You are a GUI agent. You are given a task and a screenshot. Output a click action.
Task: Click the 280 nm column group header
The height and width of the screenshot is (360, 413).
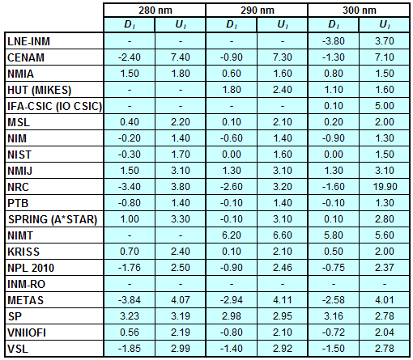click(155, 11)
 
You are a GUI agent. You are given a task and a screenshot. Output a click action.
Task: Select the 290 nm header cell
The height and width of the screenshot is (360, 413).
click(258, 11)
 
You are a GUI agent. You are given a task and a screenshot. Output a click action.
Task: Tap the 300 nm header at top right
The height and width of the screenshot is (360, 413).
click(360, 11)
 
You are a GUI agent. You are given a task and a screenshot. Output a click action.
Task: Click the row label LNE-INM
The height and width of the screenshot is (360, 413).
click(28, 41)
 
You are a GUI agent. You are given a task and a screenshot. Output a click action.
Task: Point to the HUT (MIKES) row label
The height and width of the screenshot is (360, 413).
click(39, 90)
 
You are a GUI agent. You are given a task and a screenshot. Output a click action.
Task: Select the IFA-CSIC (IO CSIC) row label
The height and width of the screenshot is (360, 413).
click(54, 106)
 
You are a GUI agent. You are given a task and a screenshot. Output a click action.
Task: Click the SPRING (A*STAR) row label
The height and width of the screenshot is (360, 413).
click(53, 219)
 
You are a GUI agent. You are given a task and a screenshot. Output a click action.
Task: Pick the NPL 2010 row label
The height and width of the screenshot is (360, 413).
click(31, 268)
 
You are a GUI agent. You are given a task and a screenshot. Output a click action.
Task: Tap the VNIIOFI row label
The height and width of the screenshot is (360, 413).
click(27, 332)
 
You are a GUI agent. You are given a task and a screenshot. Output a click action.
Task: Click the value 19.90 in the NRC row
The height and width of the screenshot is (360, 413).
click(385, 187)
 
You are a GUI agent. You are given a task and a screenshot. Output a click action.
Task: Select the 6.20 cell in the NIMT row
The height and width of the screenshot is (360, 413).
click(232, 235)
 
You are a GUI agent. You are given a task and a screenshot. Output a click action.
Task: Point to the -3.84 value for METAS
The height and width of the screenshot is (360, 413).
click(130, 300)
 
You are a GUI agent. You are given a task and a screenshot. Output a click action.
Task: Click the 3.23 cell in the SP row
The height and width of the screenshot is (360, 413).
click(130, 316)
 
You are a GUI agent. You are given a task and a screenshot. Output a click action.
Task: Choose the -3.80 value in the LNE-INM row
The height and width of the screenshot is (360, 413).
click(334, 41)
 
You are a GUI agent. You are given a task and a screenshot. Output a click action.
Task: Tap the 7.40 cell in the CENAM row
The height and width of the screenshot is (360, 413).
click(181, 57)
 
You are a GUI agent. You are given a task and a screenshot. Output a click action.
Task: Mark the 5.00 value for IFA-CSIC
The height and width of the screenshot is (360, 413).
click(385, 106)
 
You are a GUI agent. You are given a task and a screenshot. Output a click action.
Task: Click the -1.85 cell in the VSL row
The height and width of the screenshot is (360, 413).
click(130, 349)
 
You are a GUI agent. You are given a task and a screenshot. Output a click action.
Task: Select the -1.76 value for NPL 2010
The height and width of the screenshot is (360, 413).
click(130, 268)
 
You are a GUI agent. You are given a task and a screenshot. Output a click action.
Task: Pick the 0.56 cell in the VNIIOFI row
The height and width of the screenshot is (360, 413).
click(130, 332)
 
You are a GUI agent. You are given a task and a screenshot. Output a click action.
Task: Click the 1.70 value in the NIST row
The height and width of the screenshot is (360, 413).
click(181, 155)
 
